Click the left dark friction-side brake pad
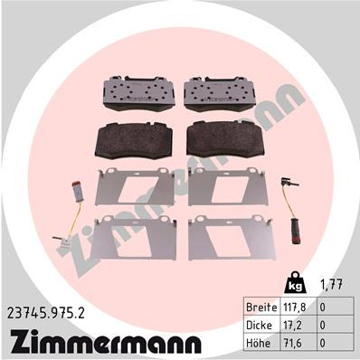click(132, 140)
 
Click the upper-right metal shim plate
click(223, 186)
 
